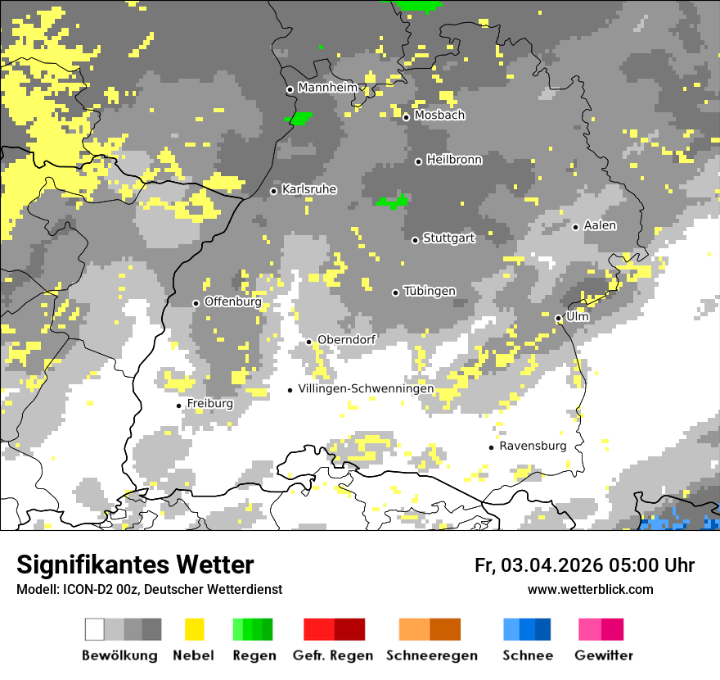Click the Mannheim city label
click(x=328, y=88)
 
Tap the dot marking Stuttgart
click(x=415, y=240)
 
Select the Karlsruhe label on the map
click(x=309, y=189)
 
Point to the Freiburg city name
click(x=209, y=404)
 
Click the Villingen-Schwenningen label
click(x=366, y=389)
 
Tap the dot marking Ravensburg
click(x=491, y=447)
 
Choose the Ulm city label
click(x=578, y=316)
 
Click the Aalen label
click(x=601, y=225)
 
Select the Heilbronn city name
click(x=454, y=160)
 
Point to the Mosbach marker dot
click(x=406, y=117)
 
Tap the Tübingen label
click(x=430, y=292)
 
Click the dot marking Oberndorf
click(x=308, y=342)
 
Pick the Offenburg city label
click(x=233, y=301)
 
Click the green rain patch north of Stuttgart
click(x=391, y=202)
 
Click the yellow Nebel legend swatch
click(x=194, y=629)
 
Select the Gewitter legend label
click(x=604, y=655)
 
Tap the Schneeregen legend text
click(x=432, y=655)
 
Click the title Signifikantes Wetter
click(x=135, y=564)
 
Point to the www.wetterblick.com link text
click(x=590, y=589)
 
